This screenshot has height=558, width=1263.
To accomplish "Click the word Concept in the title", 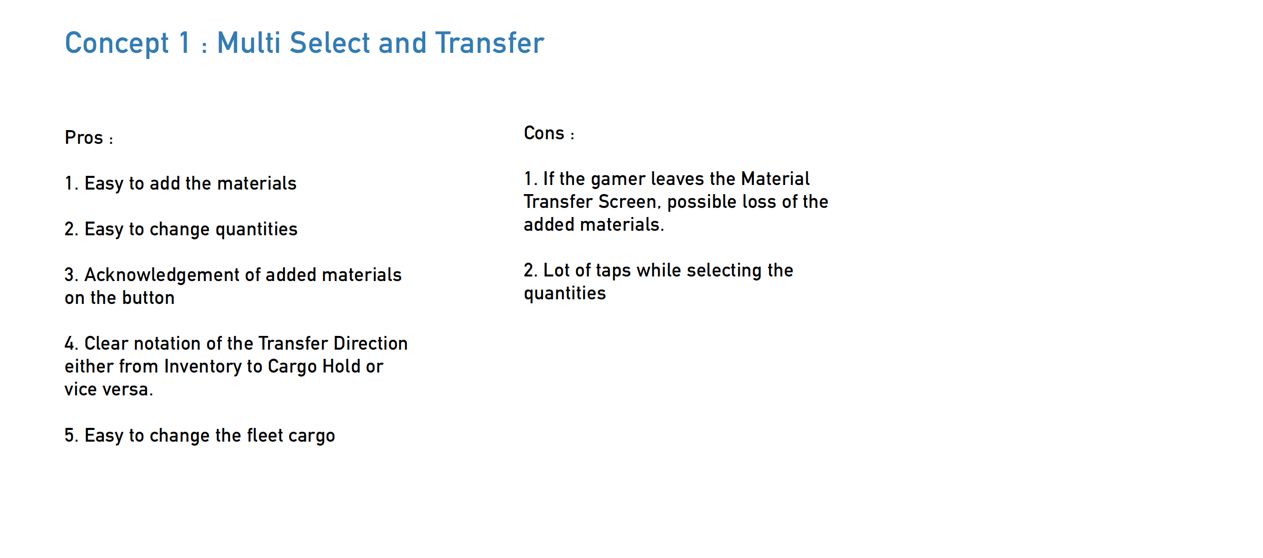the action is point(117,44).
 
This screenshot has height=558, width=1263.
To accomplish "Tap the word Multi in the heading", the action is point(249,42).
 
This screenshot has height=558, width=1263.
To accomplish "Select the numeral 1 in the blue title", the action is point(184,42).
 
